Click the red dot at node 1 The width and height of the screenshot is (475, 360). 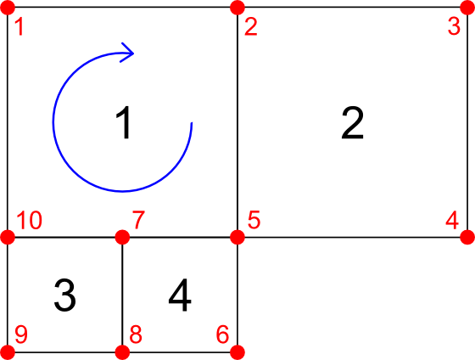pyautogui.click(x=8, y=8)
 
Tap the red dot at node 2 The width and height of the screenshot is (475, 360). pyautogui.click(x=237, y=8)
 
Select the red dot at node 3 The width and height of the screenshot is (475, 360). pyautogui.click(x=467, y=8)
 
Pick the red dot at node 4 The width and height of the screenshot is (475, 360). pyautogui.click(x=467, y=237)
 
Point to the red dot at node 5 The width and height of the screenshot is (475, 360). pyautogui.click(x=237, y=237)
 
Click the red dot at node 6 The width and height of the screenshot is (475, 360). pyautogui.click(x=237, y=352)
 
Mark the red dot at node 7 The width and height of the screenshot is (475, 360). pyautogui.click(x=122, y=237)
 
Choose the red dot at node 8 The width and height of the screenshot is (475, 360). pyautogui.click(x=122, y=352)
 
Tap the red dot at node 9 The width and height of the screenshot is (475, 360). pyautogui.click(x=8, y=352)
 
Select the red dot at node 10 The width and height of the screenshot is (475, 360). pyautogui.click(x=8, y=237)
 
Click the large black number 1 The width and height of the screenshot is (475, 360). pyautogui.click(x=124, y=123)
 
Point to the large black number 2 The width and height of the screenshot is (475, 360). pyautogui.click(x=352, y=123)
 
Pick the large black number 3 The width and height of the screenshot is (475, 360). pyautogui.click(x=64, y=295)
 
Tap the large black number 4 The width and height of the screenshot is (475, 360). pyautogui.click(x=180, y=295)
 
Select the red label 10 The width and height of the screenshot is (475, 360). pyautogui.click(x=29, y=220)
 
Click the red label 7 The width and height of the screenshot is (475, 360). pyautogui.click(x=138, y=220)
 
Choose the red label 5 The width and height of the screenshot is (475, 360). pyautogui.click(x=254, y=220)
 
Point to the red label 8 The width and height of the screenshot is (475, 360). pyautogui.click(x=136, y=335)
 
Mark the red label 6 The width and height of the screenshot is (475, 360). pyautogui.click(x=222, y=335)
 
